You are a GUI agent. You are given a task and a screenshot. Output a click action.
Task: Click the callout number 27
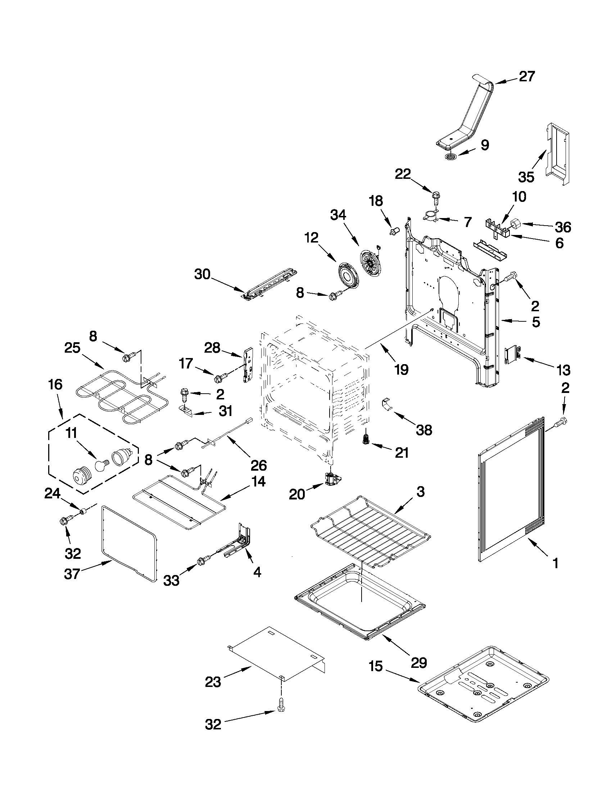pyautogui.click(x=527, y=77)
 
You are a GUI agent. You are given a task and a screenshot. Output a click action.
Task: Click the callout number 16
pyautogui.click(x=55, y=384)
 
